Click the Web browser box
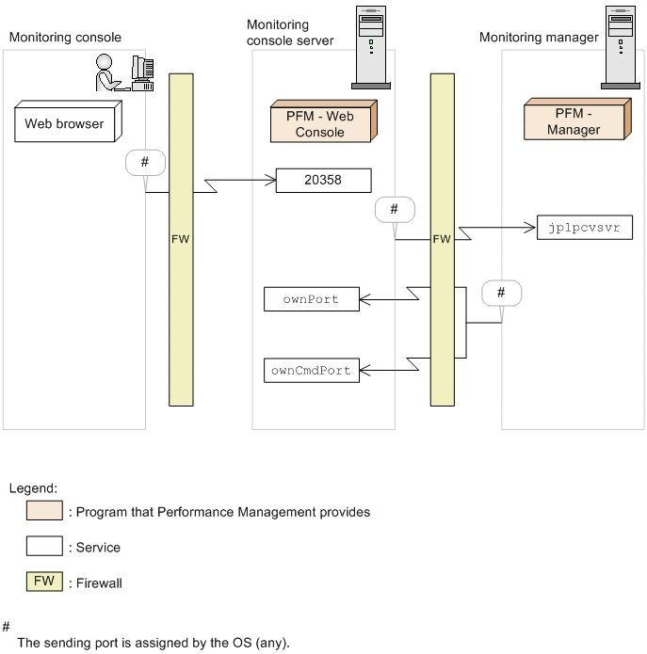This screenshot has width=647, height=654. tap(64, 123)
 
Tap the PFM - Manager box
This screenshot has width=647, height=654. tap(574, 121)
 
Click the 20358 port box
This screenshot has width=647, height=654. tap(323, 181)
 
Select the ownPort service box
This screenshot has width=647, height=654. tap(311, 300)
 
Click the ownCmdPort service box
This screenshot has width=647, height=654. tap(311, 370)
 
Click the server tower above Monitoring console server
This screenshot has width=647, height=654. tap(371, 46)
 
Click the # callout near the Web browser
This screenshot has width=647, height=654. tap(145, 162)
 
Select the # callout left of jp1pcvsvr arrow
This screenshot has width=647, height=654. tap(394, 209)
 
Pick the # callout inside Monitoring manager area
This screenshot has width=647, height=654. tap(501, 294)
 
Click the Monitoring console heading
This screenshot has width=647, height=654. tap(65, 38)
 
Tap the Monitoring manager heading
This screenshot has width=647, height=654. tap(539, 38)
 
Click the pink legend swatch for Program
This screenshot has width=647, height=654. tap(45, 512)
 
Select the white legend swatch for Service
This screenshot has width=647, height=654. tap(45, 546)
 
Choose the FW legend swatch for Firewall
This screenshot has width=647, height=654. tap(45, 582)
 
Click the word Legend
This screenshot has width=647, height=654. tap(33, 488)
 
